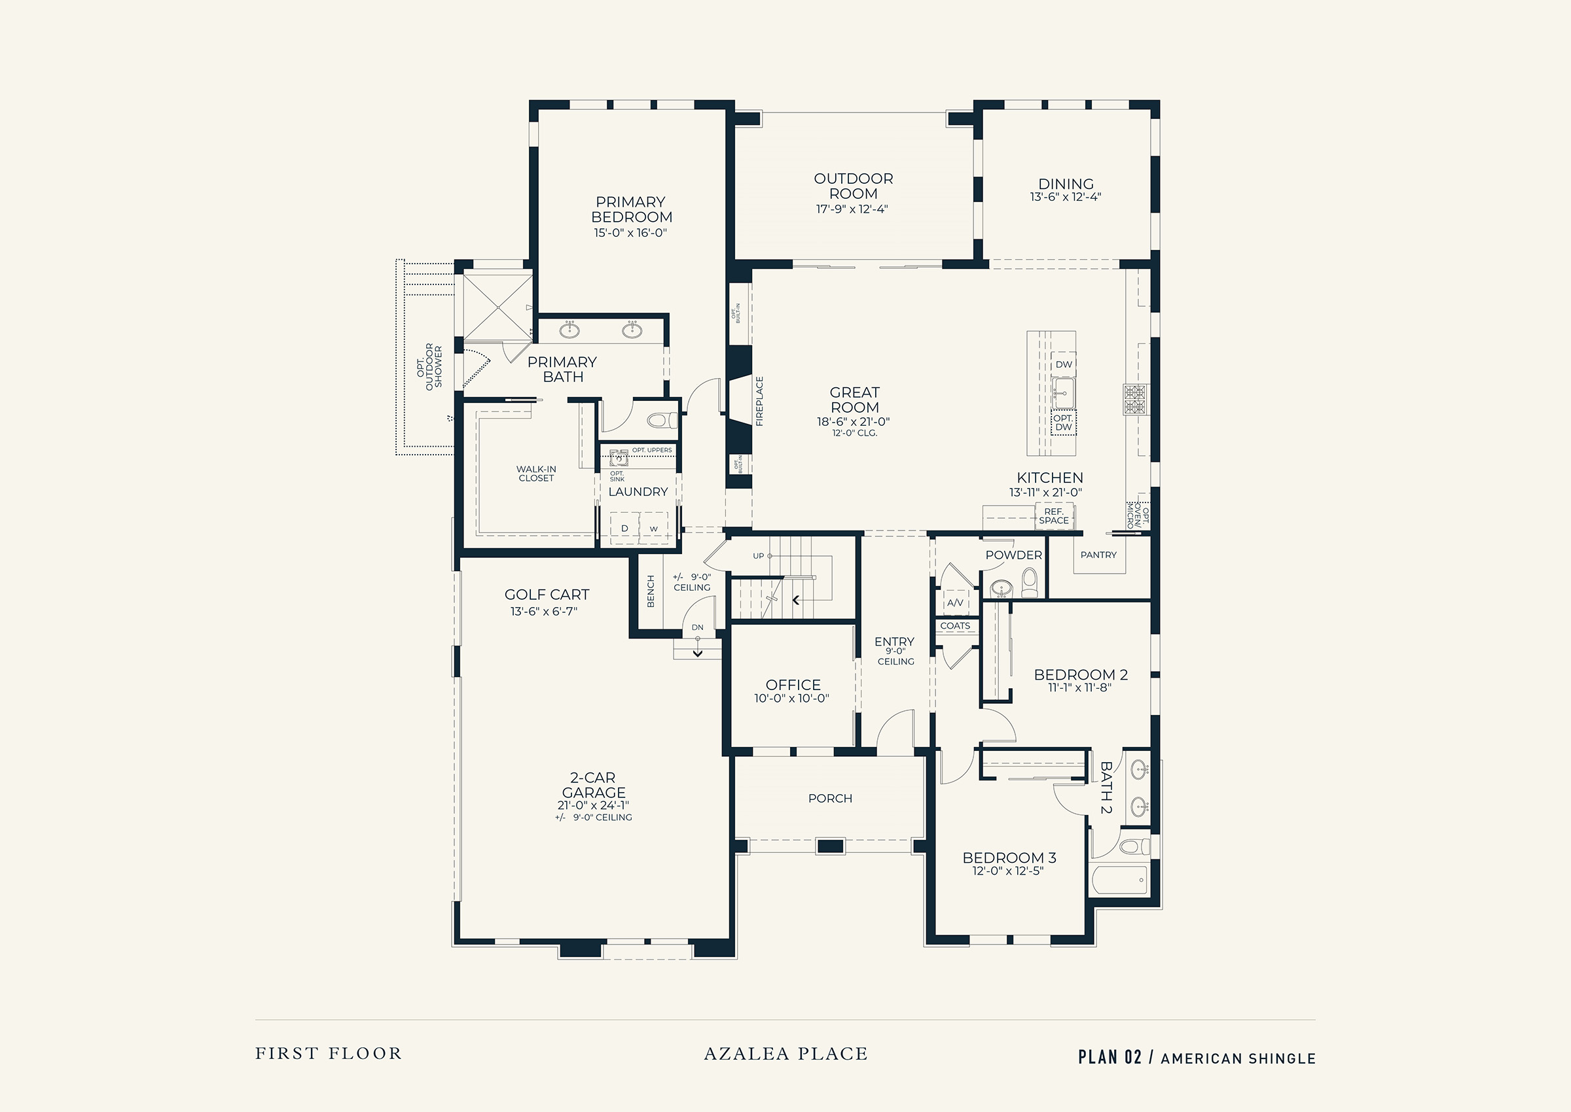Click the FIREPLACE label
[759, 401]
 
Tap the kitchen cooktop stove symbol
[1134, 399]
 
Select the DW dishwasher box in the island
[1063, 364]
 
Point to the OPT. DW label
[1063, 423]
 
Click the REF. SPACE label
[1054, 515]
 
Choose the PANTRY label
[1098, 555]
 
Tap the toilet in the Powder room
[1030, 583]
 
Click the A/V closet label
[955, 602]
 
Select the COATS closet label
[955, 626]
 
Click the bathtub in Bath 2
[1119, 880]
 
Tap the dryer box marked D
[624, 528]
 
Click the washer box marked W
[654, 528]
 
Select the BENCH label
[651, 590]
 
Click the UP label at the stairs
[759, 556]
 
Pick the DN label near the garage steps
[698, 627]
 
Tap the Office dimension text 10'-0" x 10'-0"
[792, 699]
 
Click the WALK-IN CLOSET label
[537, 474]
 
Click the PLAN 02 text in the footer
[1110, 1057]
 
